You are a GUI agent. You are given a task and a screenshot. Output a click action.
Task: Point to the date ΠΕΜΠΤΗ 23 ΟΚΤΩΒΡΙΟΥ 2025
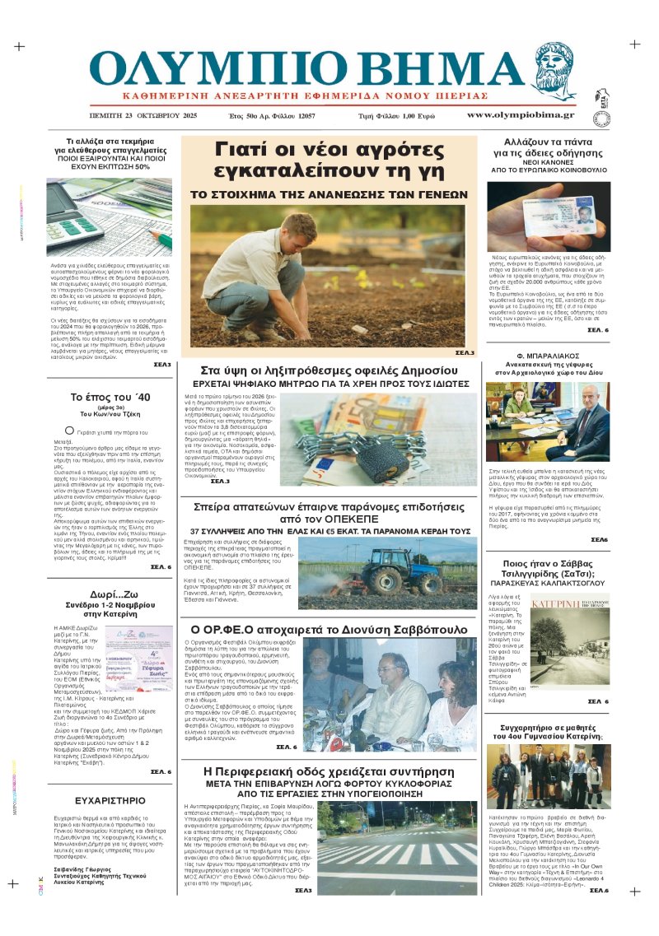coord(144,115)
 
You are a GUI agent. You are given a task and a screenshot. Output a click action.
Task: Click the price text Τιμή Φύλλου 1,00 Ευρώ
coord(396,115)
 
